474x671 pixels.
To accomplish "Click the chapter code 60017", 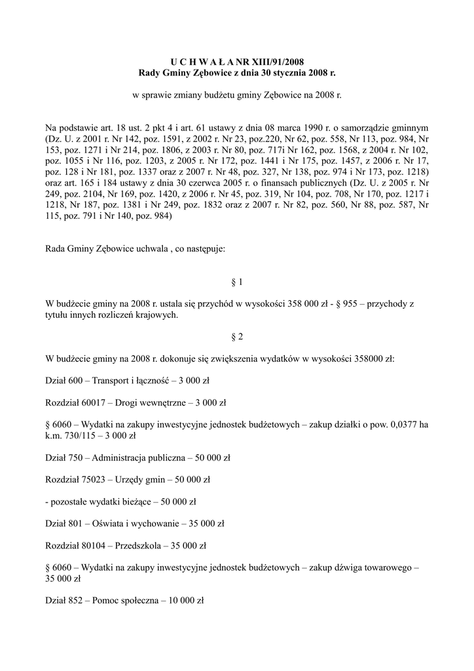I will pos(96,402).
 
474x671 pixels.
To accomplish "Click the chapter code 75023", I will pos(96,480).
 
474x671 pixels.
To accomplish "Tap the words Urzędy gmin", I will pos(139,480).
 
